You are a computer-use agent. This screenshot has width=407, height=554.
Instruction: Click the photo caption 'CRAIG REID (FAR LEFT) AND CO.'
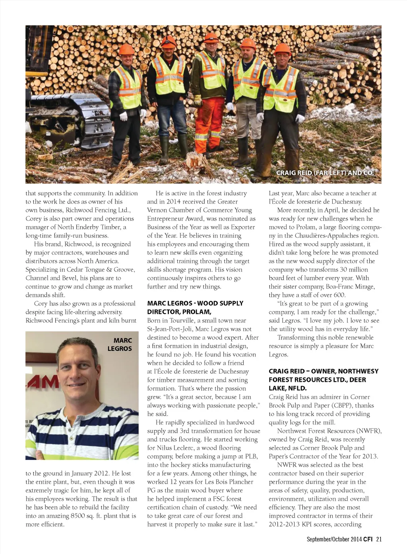pyautogui.click(x=325, y=173)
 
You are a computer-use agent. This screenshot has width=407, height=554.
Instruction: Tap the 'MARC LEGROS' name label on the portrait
pyautogui.click(x=120, y=345)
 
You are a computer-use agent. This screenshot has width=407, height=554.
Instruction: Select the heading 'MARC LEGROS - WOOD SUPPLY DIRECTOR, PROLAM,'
pyautogui.click(x=195, y=308)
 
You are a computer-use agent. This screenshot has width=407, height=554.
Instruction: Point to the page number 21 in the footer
pyautogui.click(x=379, y=539)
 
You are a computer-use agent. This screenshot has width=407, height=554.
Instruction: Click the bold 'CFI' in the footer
pyautogui.click(x=368, y=539)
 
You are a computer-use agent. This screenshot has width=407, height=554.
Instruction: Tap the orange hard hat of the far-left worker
pyautogui.click(x=127, y=49)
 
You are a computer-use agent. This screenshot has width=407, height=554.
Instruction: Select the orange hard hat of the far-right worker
pyautogui.click(x=282, y=49)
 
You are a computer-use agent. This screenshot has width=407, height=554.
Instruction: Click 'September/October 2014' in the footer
pyautogui.click(x=334, y=539)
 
